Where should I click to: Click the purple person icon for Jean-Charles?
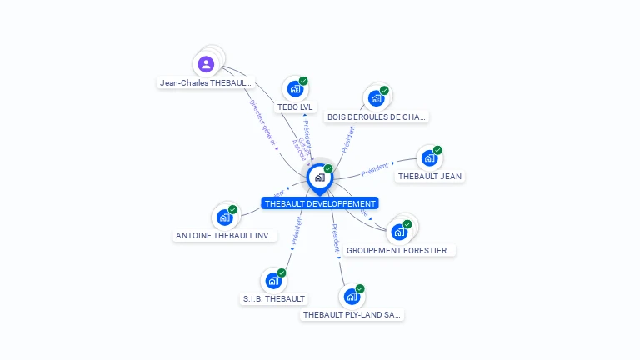tap(207, 64)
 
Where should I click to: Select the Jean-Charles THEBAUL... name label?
tap(206, 83)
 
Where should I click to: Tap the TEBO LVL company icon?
tap(294, 88)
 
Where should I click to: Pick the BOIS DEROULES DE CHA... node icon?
tap(376, 98)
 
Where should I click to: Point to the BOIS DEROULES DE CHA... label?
tap(377, 117)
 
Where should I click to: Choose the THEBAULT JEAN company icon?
tap(429, 157)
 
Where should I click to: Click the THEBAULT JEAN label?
tap(429, 177)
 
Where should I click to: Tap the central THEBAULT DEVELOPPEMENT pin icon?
tap(319, 177)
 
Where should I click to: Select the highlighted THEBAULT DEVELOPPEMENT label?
tap(320, 203)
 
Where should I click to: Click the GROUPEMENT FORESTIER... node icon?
tap(399, 232)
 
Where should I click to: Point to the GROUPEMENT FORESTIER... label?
tap(399, 250)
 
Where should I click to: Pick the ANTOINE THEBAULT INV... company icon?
tap(224, 217)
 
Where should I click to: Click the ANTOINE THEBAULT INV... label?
tap(225, 236)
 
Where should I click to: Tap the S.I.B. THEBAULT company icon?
tap(273, 280)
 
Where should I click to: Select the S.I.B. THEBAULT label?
tap(274, 298)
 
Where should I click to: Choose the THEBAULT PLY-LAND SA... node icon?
tap(352, 297)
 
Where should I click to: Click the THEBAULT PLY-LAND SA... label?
tap(352, 315)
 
